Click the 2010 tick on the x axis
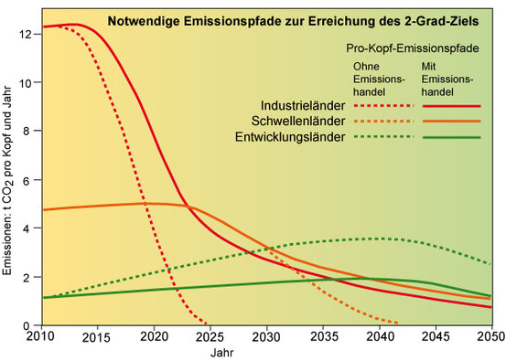point(41,338)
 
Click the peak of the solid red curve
point(73,25)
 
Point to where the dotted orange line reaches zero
point(399,324)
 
